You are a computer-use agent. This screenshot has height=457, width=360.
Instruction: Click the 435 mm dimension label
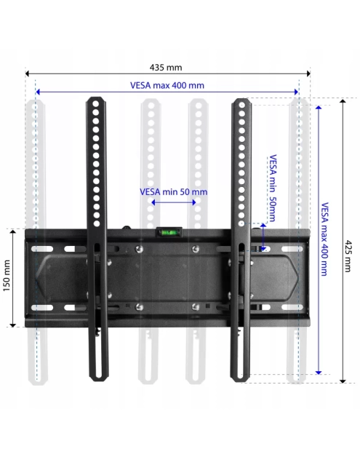click(x=167, y=68)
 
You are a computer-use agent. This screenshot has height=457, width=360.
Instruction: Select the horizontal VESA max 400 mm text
click(x=167, y=85)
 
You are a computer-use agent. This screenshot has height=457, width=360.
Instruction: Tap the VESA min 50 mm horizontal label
click(x=173, y=192)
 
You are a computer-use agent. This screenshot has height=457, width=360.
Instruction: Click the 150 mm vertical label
click(x=7, y=277)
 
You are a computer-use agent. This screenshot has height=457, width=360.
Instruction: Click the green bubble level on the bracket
click(x=167, y=233)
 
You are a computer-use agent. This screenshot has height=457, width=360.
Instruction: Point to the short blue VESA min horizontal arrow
click(x=173, y=202)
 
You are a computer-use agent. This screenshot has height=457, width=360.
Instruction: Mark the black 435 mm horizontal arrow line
click(x=167, y=74)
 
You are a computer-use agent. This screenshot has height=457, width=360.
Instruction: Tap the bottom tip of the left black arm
click(x=95, y=375)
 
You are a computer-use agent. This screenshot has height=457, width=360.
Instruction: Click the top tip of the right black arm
click(x=241, y=100)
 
